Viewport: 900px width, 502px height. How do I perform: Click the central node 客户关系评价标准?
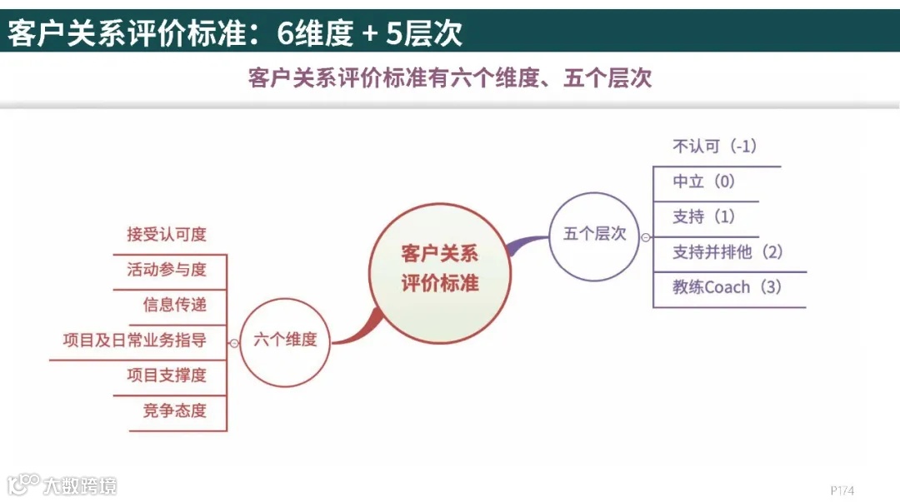pos(440,268)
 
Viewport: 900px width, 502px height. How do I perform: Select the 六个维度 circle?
pos(285,340)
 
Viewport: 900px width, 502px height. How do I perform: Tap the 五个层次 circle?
pos(594,234)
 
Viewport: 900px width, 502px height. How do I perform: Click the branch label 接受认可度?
pos(167,235)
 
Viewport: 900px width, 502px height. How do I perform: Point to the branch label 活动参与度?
pos(167,270)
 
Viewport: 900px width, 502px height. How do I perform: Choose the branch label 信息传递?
pos(174,305)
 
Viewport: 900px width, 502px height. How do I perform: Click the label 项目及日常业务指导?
pos(135,340)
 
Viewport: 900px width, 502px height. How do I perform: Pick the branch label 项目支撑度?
pos(167,375)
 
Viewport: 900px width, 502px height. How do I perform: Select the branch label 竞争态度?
pos(174,410)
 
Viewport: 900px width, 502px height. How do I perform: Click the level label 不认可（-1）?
pos(714,147)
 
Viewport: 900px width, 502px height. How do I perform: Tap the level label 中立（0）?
pos(704,181)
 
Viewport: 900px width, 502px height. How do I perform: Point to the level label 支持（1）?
pos(704,216)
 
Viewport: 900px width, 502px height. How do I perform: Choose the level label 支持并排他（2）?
pos(727,252)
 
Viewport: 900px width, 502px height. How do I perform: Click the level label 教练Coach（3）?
pos(727,287)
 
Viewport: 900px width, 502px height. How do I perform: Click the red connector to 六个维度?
pos(355,330)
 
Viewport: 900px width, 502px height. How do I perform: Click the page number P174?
pos(842,490)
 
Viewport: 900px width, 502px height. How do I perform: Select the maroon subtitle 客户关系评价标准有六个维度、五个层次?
pos(450,79)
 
